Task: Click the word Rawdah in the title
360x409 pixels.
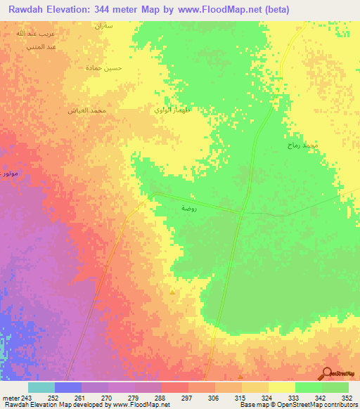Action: tap(29, 10)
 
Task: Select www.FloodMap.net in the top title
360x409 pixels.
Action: tap(221, 10)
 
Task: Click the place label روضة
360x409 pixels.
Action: tap(188, 208)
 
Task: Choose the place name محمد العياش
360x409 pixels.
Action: tap(87, 110)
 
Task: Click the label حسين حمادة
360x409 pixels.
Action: tap(104, 68)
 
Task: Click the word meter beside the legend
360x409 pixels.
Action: tap(11, 397)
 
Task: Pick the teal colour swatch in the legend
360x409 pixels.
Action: tap(41, 387)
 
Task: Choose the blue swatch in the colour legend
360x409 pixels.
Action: tap(68, 387)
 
